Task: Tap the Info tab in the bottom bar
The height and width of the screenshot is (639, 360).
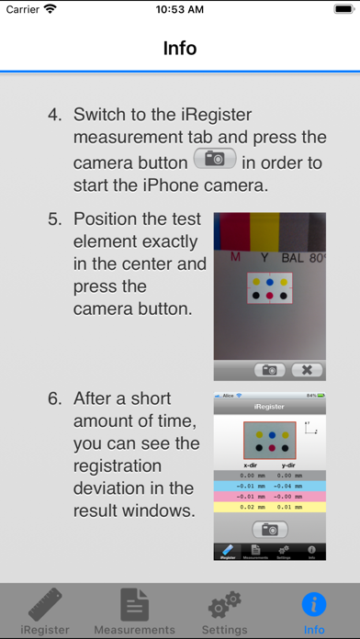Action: (314, 612)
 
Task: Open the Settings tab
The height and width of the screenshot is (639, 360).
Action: (225, 612)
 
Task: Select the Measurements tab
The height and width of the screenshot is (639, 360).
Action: (135, 612)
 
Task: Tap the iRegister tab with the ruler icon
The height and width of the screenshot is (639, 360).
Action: (45, 612)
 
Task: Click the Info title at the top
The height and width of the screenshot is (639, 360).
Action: (180, 48)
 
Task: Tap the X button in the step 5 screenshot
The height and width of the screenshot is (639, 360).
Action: (307, 370)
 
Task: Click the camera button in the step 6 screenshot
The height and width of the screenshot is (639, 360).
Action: (269, 529)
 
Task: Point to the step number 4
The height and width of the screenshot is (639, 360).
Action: (55, 116)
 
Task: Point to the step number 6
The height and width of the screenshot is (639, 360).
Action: (55, 398)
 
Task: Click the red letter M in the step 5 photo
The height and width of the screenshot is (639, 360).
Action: (236, 258)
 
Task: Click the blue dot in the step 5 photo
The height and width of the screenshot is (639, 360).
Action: (268, 282)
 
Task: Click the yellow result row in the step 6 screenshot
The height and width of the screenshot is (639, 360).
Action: (269, 506)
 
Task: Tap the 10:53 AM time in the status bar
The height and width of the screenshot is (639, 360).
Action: (180, 9)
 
